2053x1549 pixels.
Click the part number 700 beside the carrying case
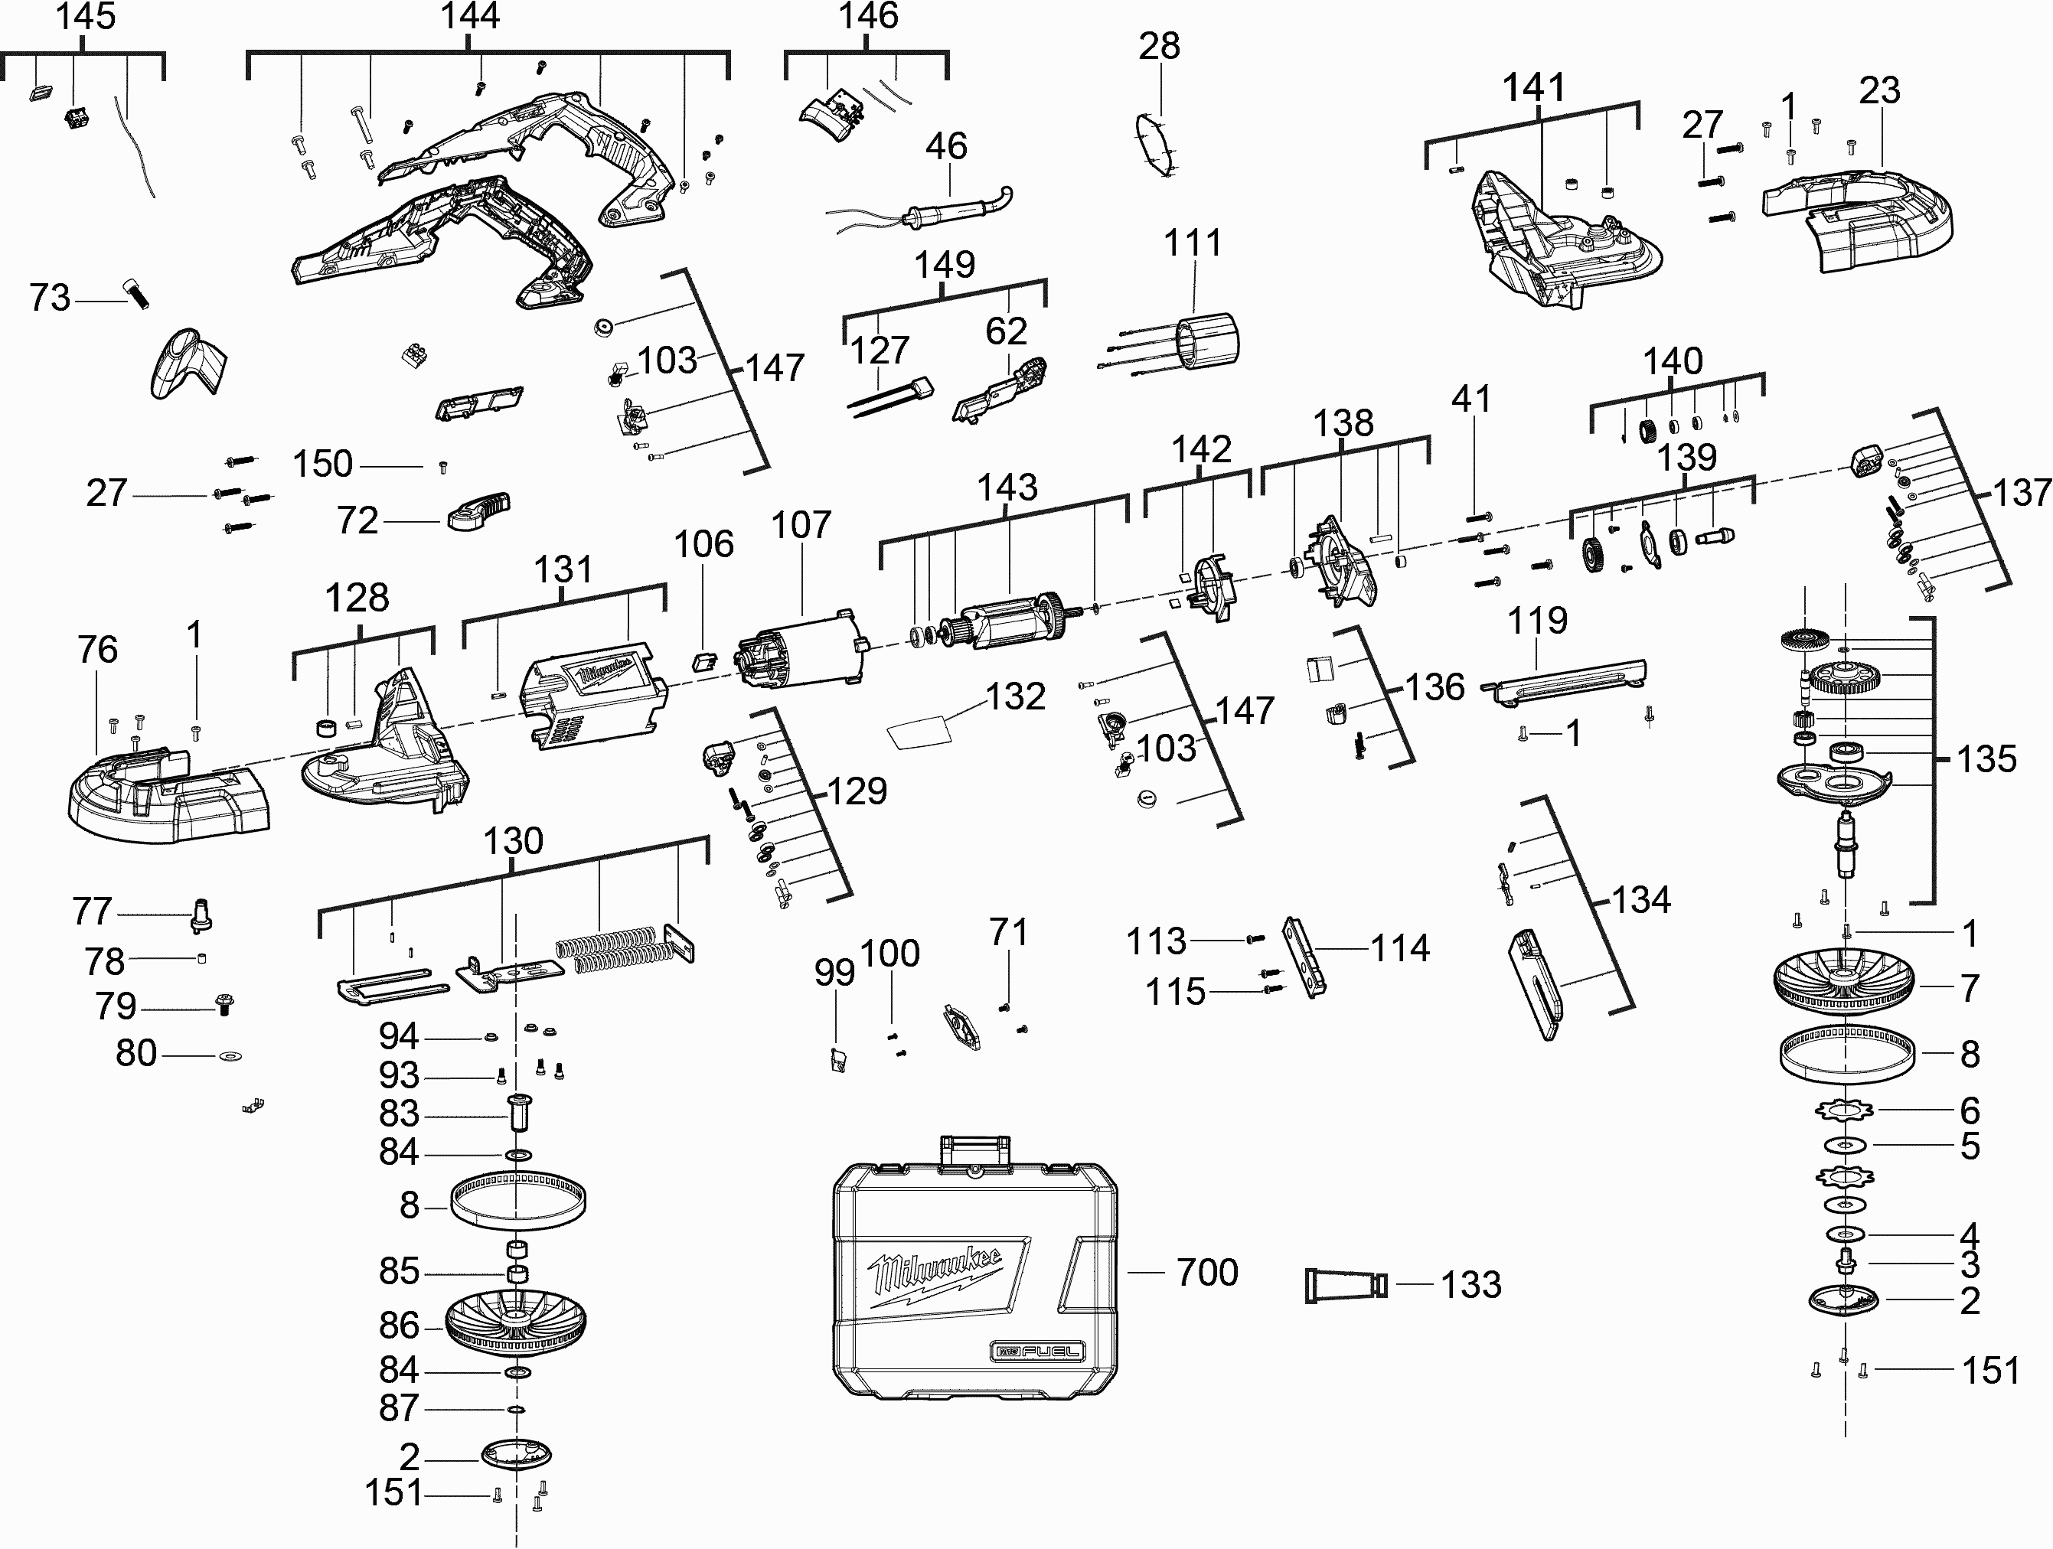click(1206, 1273)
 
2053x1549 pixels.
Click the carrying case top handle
click(974, 1150)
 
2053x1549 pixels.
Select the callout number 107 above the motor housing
click(801, 525)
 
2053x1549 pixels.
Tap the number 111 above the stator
click(1193, 243)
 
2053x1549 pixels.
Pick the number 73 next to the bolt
click(50, 298)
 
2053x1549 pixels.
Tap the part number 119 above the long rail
click(1537, 620)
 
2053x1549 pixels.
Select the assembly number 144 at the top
click(470, 16)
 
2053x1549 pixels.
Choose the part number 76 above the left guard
click(97, 650)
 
